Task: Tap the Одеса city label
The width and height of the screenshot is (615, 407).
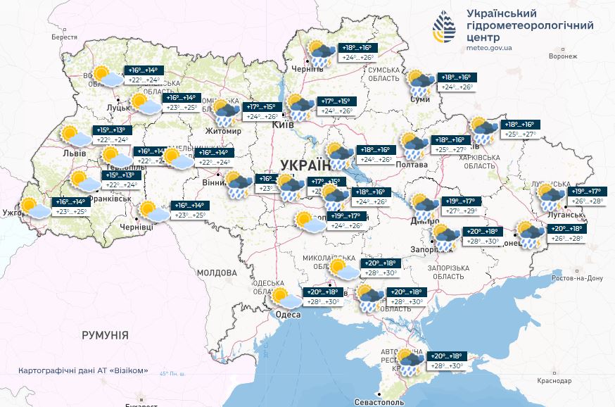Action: [288, 314]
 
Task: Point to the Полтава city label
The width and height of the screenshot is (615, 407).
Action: [412, 165]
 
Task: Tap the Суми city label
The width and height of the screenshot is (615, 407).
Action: [420, 100]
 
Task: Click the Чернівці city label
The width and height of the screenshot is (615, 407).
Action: [137, 227]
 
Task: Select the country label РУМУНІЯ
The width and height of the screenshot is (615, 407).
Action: [105, 335]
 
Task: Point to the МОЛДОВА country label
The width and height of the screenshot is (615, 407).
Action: [217, 273]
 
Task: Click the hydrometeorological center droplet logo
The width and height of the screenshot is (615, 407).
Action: [444, 27]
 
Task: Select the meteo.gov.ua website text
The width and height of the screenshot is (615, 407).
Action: [490, 48]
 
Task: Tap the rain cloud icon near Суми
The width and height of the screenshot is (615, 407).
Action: [421, 82]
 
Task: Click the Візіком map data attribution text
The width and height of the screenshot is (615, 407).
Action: [84, 370]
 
